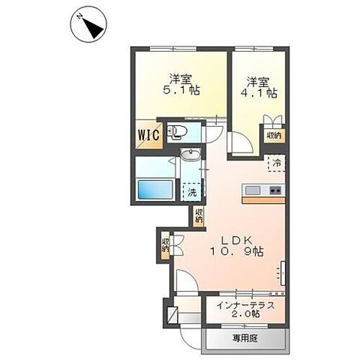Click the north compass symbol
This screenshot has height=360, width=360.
pos(89,27)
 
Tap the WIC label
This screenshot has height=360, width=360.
pos(142,135)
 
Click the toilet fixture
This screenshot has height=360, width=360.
pos(176,132)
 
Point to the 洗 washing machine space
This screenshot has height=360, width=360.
pos(192,191)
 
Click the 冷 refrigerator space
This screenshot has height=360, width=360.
pos(276,163)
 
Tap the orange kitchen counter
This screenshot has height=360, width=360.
pos(264,199)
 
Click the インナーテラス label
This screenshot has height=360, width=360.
pos(245,306)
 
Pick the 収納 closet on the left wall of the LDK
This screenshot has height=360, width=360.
pos(166,244)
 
